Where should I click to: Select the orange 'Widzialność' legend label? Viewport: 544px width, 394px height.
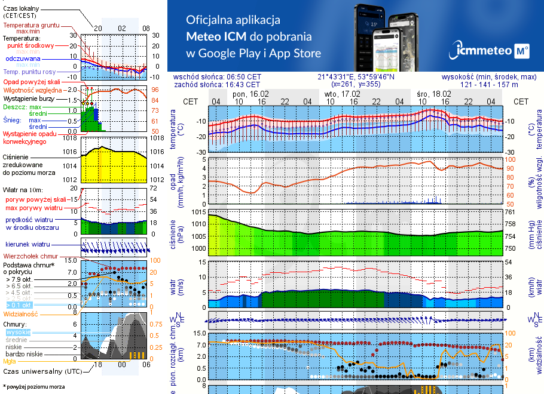pyautogui.click(x=20, y=313)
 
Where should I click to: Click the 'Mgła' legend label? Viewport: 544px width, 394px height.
pyautogui.click(x=10, y=361)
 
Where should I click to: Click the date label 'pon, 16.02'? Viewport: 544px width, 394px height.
pyautogui.click(x=250, y=94)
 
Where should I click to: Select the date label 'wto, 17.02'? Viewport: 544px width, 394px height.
pyautogui.click(x=342, y=94)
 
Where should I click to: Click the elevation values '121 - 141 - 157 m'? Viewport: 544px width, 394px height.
pyautogui.click(x=489, y=85)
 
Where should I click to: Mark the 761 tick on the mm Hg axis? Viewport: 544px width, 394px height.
pyautogui.click(x=511, y=212)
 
